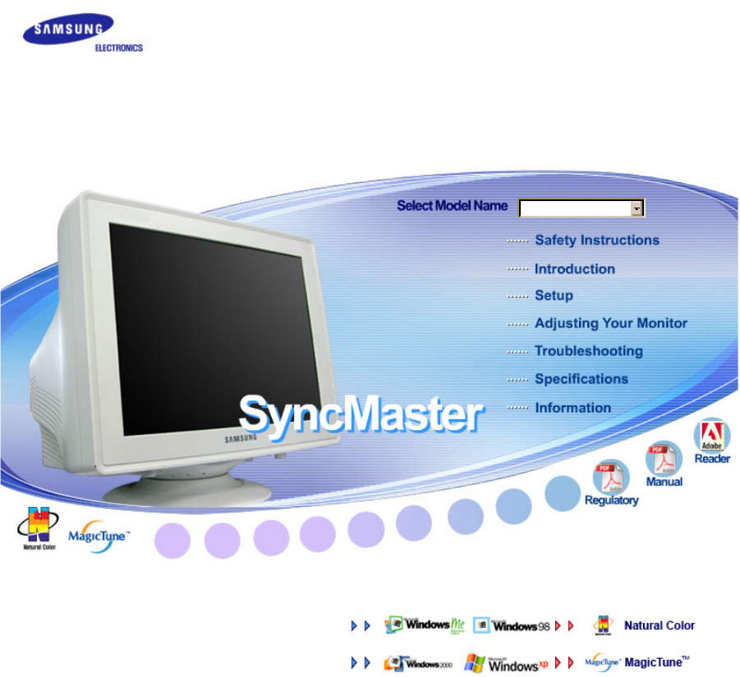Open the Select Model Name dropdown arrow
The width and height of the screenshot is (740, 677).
pyautogui.click(x=637, y=208)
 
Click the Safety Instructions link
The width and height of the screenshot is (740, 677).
pyautogui.click(x=596, y=240)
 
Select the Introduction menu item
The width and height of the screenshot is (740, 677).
pyautogui.click(x=574, y=269)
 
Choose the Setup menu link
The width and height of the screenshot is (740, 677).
pyautogui.click(x=554, y=295)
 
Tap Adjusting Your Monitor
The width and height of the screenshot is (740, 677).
pyautogui.click(x=610, y=323)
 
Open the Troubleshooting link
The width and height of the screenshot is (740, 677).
pyautogui.click(x=588, y=351)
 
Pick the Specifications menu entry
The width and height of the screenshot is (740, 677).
pyautogui.click(x=581, y=379)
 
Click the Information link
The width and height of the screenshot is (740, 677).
pyautogui.click(x=572, y=408)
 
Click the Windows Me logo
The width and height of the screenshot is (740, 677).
pyautogui.click(x=425, y=625)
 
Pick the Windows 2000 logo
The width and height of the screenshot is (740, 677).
pyautogui.click(x=418, y=662)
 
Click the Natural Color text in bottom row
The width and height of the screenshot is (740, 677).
pyautogui.click(x=659, y=625)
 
